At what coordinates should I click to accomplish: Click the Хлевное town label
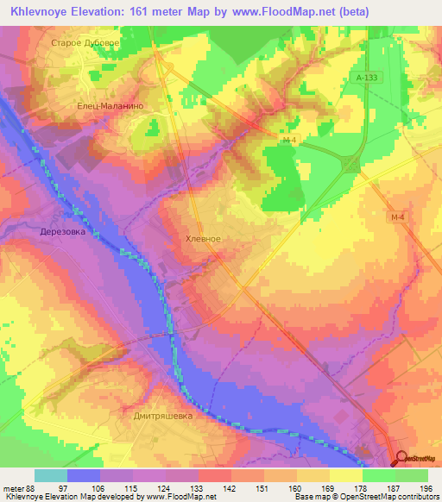click(x=204, y=239)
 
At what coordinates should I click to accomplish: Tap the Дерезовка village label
click(x=63, y=232)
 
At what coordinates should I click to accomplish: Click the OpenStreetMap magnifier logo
click(x=402, y=460)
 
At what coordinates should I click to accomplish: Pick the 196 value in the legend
click(x=425, y=489)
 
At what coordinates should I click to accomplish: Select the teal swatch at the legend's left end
click(x=51, y=475)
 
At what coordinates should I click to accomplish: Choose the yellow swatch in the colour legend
click(x=344, y=475)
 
